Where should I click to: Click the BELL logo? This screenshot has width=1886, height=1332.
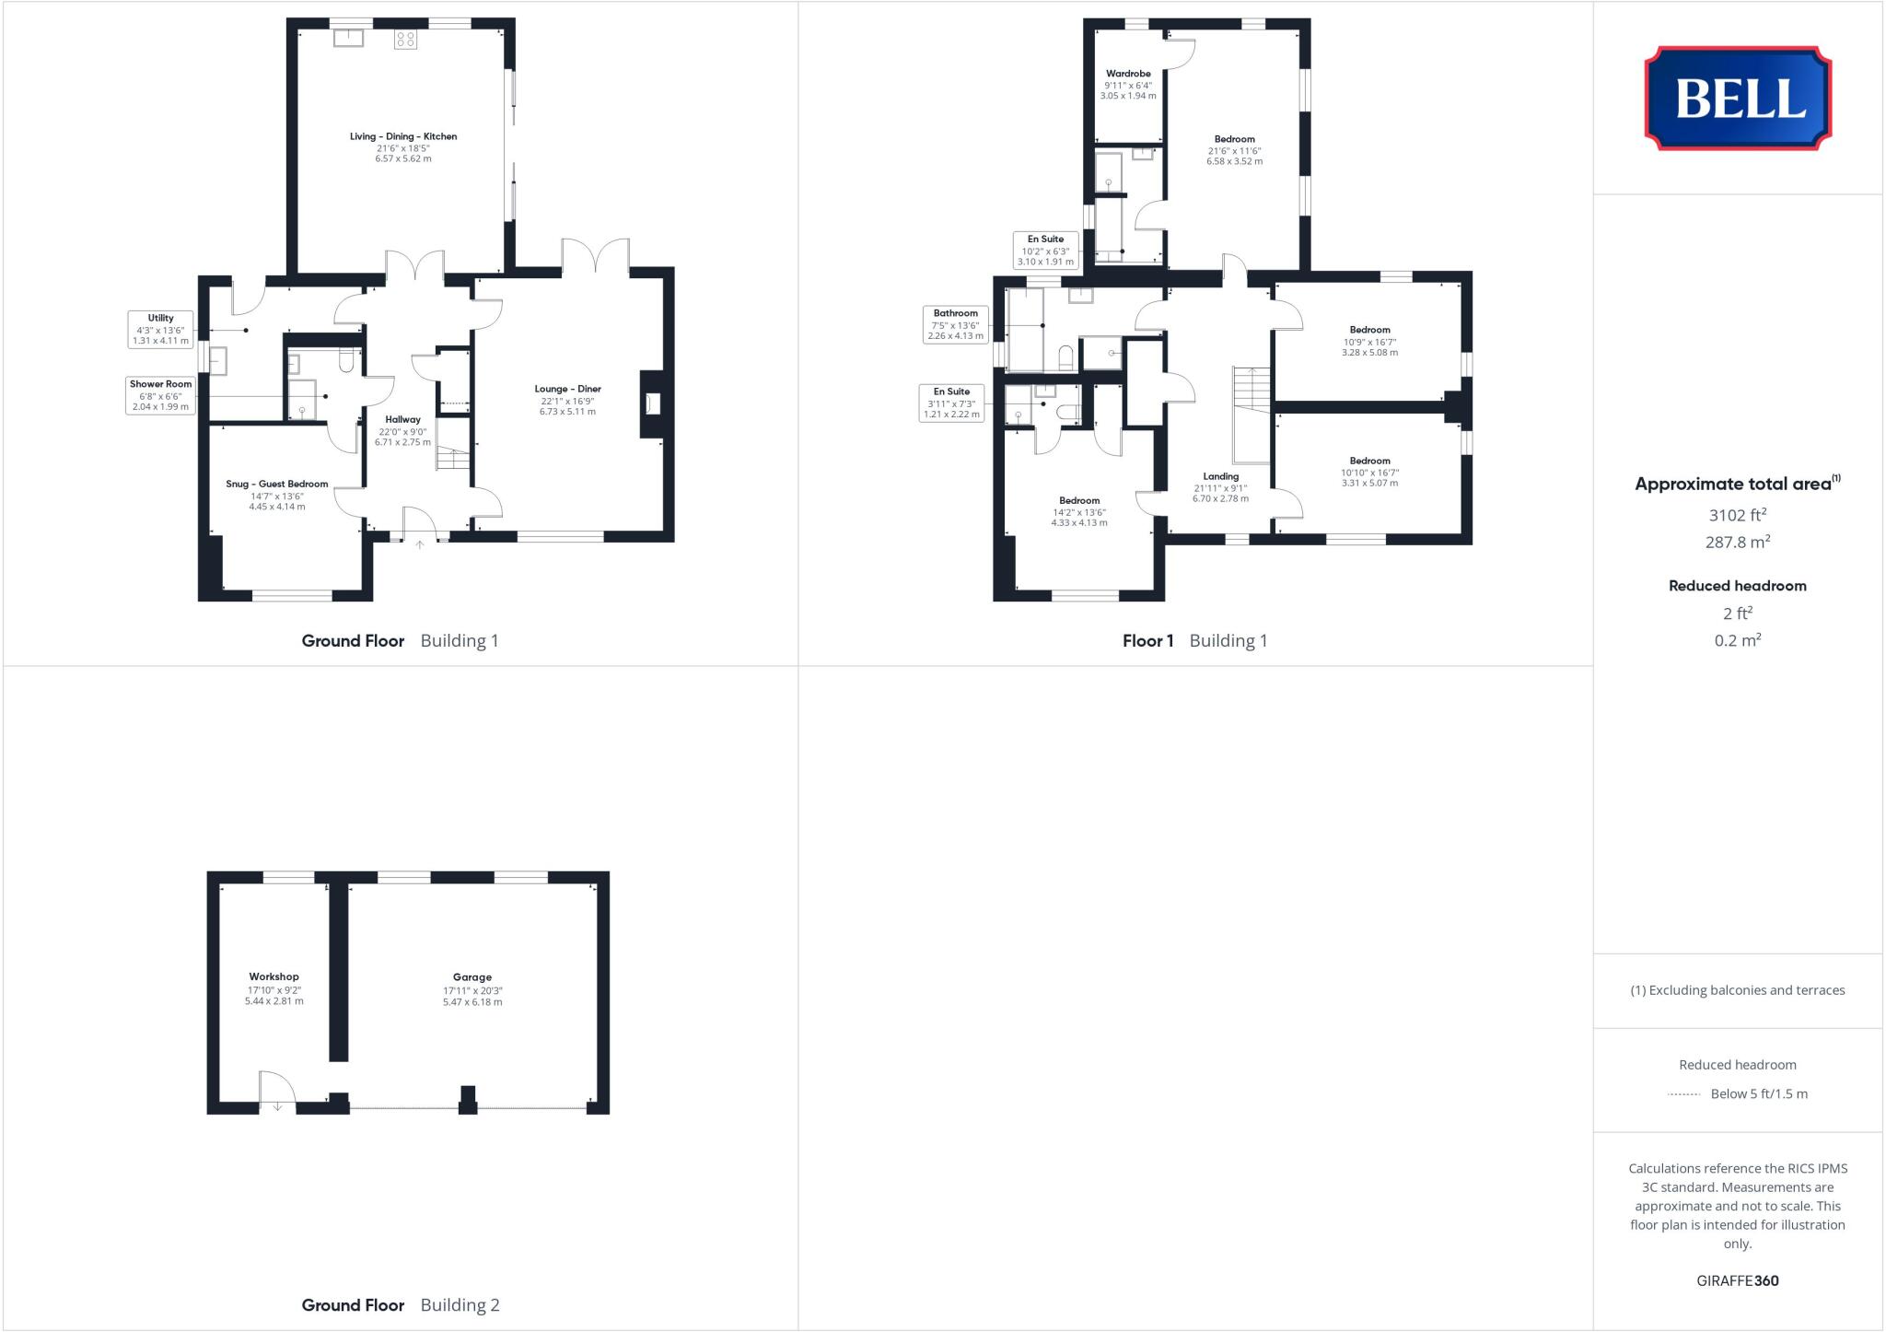(x=1738, y=98)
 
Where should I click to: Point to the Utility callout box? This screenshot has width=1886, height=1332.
(x=160, y=329)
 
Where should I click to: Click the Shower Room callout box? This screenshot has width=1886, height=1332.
(x=160, y=395)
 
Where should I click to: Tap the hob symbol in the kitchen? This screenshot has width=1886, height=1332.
(x=405, y=39)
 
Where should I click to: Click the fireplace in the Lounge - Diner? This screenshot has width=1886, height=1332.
(x=653, y=403)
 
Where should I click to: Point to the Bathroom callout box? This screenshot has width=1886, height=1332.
(x=955, y=324)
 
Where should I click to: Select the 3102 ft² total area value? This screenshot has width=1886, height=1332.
(x=1737, y=516)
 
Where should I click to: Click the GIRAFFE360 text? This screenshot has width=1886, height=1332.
(x=1737, y=1280)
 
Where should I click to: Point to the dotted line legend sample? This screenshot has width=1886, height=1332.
(x=1683, y=1094)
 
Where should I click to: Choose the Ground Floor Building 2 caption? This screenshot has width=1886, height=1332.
(x=400, y=1304)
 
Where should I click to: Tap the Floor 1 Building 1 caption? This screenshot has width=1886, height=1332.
(x=1194, y=641)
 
